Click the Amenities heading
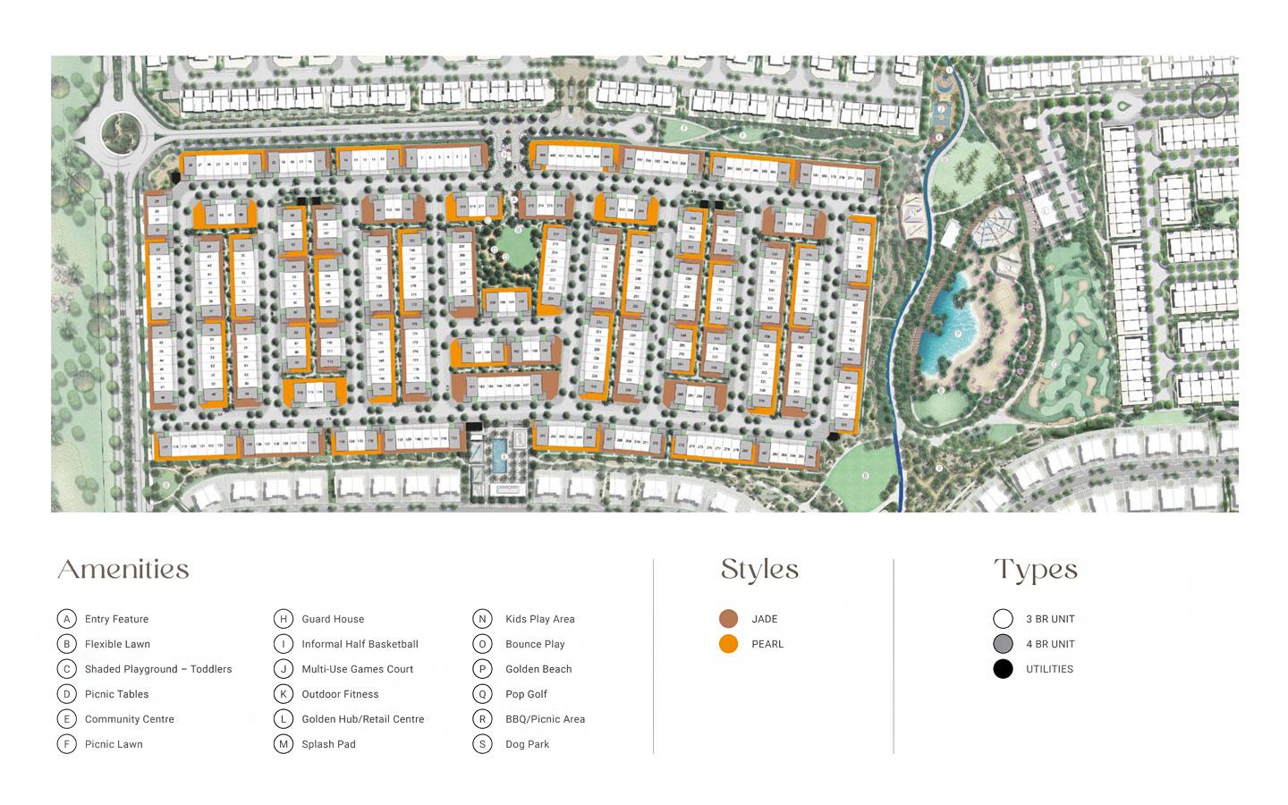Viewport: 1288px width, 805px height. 123,570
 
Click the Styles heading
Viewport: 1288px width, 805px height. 759,570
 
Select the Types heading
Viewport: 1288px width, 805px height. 1035,570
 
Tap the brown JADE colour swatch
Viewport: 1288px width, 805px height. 729,619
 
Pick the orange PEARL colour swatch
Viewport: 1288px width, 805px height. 729,644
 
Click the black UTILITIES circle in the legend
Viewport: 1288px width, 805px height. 1004,669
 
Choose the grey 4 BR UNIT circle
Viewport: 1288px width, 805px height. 1004,644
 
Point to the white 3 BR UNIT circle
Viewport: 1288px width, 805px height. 1004,619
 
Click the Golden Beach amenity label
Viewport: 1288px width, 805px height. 538,669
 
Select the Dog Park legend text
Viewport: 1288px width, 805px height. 527,744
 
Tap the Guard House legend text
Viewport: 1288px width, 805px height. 333,619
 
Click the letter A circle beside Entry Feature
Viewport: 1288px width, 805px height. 67,619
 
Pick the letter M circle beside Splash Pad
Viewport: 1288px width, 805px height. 284,744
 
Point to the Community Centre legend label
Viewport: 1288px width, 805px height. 130,719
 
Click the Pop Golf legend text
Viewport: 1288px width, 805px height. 526,694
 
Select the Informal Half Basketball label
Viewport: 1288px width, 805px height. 360,644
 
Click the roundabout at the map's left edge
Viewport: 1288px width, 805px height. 121,135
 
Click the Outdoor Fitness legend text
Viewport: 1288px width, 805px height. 340,694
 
